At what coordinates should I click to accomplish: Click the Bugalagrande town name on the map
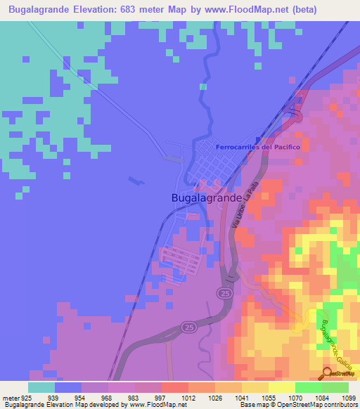tap(207, 198)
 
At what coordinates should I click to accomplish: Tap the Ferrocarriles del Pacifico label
tap(258, 147)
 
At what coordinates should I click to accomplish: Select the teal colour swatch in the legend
tap(41, 387)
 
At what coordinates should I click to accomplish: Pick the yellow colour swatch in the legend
tap(282, 387)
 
